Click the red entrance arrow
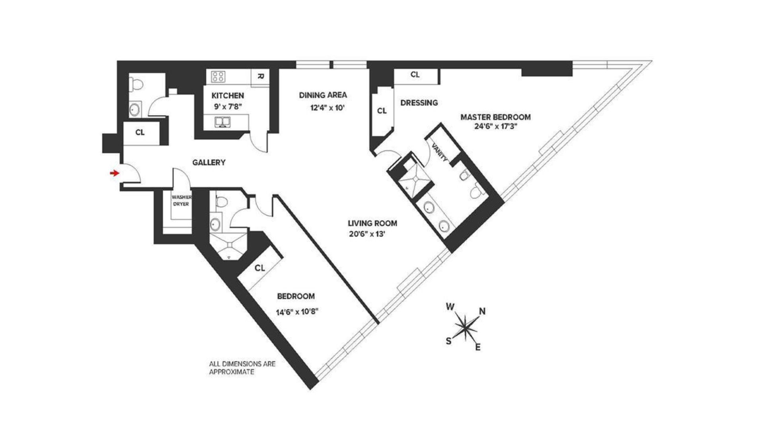tap(115, 173)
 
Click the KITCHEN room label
tap(227, 96)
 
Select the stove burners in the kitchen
tap(218, 76)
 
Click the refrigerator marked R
tap(259, 76)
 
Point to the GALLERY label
tap(209, 162)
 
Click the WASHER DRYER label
tap(181, 201)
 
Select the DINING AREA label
tap(323, 95)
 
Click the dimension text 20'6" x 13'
tap(367, 234)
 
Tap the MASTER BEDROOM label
tap(495, 117)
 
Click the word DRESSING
tap(419, 103)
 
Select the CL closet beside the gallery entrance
tap(140, 133)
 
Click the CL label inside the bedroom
tap(260, 268)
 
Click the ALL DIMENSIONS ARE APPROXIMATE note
tap(242, 367)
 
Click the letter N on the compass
tap(482, 311)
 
